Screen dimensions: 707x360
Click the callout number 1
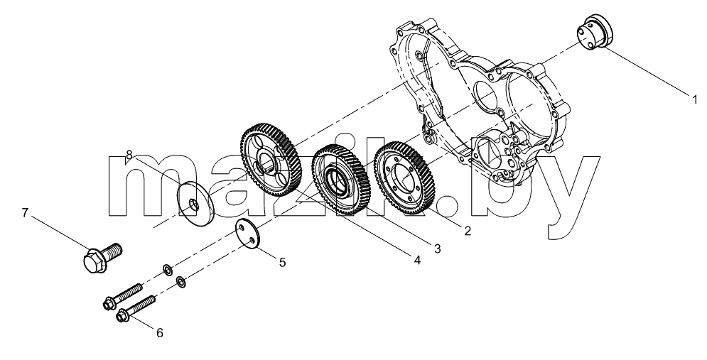pos(695,98)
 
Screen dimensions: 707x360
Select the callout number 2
pos(468,231)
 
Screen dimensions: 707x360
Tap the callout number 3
pos(437,247)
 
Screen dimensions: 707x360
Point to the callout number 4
pos(417,260)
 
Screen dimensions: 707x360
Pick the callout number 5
pos(282,262)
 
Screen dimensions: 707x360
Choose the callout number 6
pos(160,333)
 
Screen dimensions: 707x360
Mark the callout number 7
pos(25,212)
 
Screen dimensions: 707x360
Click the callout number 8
pos(129,155)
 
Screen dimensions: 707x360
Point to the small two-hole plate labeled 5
pos(249,234)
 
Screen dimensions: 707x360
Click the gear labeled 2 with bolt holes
pos(403,175)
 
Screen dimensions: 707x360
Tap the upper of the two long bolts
pos(123,295)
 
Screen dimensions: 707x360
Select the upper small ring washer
pos(167,270)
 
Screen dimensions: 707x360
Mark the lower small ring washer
pos(181,282)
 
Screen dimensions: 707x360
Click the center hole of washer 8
pos(194,205)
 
